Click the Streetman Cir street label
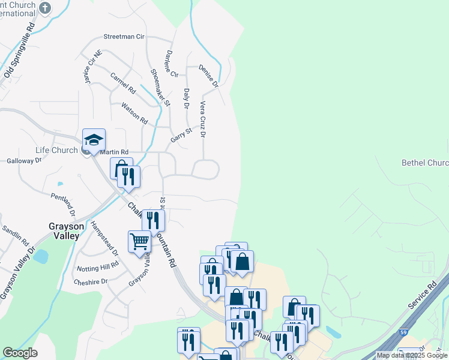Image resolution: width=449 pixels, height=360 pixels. click(x=124, y=37)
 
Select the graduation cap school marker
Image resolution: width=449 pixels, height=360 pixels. click(x=94, y=140)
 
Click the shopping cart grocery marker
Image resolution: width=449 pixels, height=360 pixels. click(x=139, y=242)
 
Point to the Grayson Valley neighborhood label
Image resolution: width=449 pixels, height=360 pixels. click(x=64, y=231)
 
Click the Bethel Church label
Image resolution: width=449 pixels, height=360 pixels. click(x=424, y=163)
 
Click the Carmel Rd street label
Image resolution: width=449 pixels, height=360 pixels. click(x=123, y=83)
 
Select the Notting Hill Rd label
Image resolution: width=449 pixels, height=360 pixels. click(x=98, y=266)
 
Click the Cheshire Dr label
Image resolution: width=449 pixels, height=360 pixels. click(x=91, y=281)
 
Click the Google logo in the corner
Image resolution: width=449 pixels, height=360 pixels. click(x=20, y=353)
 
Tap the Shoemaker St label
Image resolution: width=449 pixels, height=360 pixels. click(x=160, y=88)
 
